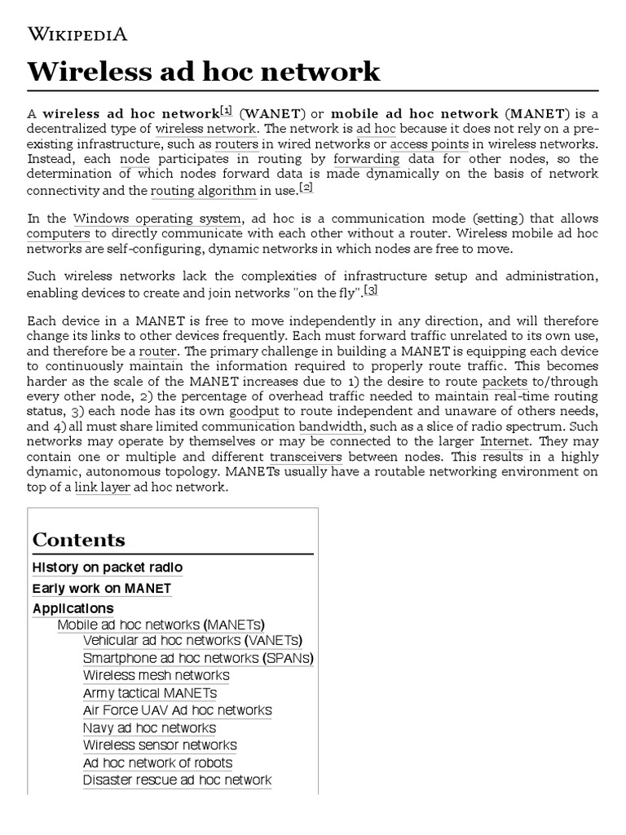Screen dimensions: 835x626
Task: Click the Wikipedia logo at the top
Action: [77, 33]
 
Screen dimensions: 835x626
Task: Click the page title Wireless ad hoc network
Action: [204, 71]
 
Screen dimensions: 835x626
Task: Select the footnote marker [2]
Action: [306, 188]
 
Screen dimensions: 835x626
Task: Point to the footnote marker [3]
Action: [371, 289]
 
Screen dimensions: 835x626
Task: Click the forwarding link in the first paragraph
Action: [366, 159]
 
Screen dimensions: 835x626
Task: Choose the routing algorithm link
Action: [204, 191]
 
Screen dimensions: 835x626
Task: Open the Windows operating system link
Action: [157, 219]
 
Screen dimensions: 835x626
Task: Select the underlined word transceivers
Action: [306, 457]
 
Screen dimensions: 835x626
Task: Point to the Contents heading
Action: [79, 540]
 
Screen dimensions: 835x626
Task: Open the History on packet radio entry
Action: [108, 568]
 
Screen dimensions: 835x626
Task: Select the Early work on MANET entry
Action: [102, 588]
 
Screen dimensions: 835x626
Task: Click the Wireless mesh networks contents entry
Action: [156, 675]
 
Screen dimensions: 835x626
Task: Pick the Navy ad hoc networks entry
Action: [149, 728]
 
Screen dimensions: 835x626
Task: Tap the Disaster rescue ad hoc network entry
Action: [177, 780]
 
